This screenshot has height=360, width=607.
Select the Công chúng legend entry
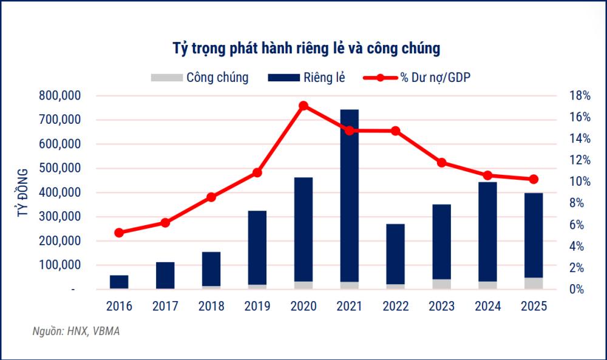pos(200,78)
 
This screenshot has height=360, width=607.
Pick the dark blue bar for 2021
pos(349,194)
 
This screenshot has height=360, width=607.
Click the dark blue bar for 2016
pos(119,282)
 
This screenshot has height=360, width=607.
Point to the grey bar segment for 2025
pos(534,283)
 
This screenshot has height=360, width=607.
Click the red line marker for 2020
pos(303,106)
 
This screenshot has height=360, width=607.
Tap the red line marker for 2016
pos(119,233)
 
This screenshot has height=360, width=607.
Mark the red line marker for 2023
pos(441,162)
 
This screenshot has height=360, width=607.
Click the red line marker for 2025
pos(534,179)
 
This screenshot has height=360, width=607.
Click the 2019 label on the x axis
pos(257,307)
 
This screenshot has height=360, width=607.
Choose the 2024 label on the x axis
pos(487,307)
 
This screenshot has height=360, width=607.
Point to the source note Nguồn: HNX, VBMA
pos(76,331)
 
